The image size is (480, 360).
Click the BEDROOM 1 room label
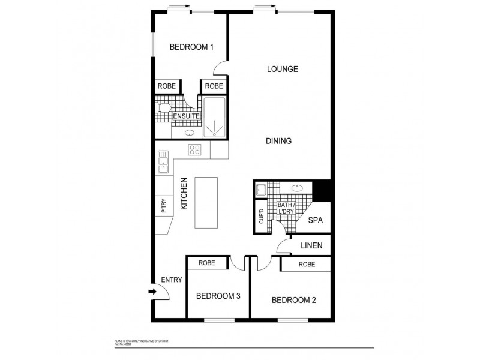pos(191,47)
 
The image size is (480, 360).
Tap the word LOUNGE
pos(282,69)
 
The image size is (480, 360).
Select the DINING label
pos(278,142)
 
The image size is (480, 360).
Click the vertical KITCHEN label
pos(184,193)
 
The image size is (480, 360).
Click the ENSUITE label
pos(186,116)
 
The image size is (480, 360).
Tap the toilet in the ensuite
pos(161,109)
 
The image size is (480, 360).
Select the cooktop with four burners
pos(195,150)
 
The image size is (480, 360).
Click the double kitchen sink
pos(163,161)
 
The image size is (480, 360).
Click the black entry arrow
pos(152,292)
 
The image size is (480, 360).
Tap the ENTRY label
pos(171,280)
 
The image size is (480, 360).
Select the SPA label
pos(316,220)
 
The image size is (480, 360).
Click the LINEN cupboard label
pos(312,245)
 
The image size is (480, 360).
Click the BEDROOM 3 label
pos(218,296)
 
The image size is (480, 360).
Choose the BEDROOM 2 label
pos(294,300)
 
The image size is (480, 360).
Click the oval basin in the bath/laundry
pos(297,188)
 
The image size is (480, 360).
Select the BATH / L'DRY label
pos(287,210)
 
